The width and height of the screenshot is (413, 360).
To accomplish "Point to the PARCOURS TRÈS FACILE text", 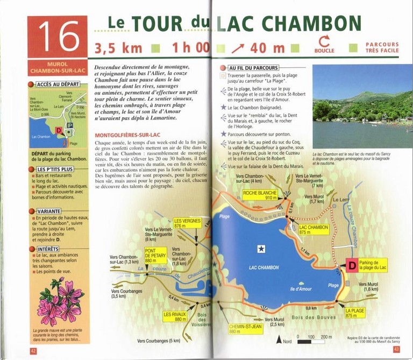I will click(x=382, y=47).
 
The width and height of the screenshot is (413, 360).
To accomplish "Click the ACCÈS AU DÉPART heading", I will click(x=58, y=84).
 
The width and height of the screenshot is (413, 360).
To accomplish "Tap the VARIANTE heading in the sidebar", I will click(x=50, y=210).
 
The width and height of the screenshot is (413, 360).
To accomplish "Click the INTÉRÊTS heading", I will click(x=49, y=249).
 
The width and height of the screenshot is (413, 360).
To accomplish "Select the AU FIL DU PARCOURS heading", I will click(x=254, y=68).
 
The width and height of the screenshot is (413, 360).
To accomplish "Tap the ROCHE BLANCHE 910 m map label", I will click(x=260, y=195).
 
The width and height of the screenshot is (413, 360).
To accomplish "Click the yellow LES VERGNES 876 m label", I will click(x=187, y=223).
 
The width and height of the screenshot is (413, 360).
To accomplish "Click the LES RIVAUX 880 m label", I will click(x=175, y=316).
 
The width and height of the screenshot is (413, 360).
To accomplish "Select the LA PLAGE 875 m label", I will click(x=355, y=313).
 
